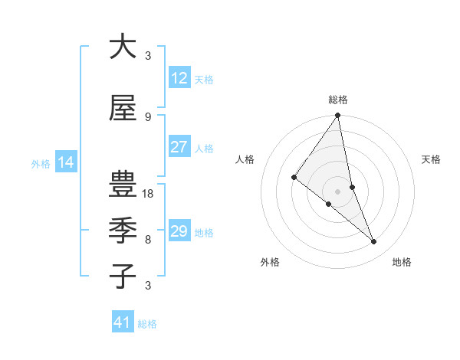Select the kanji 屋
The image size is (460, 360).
(x=123, y=109)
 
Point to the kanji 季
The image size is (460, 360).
(x=123, y=230)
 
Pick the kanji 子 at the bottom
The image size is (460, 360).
(x=123, y=276)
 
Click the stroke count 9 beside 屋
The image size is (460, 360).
(x=148, y=116)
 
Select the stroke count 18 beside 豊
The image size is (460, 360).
(x=149, y=194)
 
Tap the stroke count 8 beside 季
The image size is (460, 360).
(x=148, y=240)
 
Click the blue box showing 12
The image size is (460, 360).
(x=179, y=78)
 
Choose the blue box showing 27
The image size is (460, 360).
(x=179, y=147)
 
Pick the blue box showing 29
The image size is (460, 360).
(x=179, y=231)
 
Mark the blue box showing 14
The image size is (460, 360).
(x=65, y=162)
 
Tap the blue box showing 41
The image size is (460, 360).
(x=123, y=322)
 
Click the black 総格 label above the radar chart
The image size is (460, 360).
(x=338, y=100)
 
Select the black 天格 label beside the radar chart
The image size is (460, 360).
(x=432, y=159)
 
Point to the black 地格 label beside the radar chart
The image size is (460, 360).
(x=402, y=262)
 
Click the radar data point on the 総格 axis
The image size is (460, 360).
(x=338, y=116)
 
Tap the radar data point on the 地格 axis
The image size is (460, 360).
(x=374, y=242)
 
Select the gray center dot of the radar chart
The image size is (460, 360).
(x=338, y=191)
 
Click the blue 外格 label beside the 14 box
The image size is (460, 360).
(x=40, y=163)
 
